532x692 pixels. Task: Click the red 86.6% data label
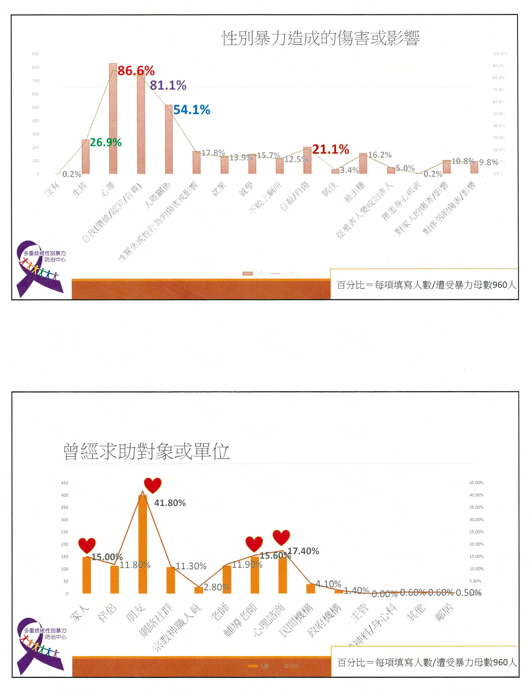[136, 71]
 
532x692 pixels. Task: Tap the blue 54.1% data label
[192, 110]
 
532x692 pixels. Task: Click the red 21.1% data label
[331, 149]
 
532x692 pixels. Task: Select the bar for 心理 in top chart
[113, 119]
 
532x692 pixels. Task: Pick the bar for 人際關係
[169, 139]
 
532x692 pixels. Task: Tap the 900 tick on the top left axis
[36, 54]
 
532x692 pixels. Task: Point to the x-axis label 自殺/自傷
[294, 196]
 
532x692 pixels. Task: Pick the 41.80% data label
[170, 503]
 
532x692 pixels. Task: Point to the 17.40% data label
[303, 551]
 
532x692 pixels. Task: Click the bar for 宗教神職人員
[199, 590]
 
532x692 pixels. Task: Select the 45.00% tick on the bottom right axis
[476, 483]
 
